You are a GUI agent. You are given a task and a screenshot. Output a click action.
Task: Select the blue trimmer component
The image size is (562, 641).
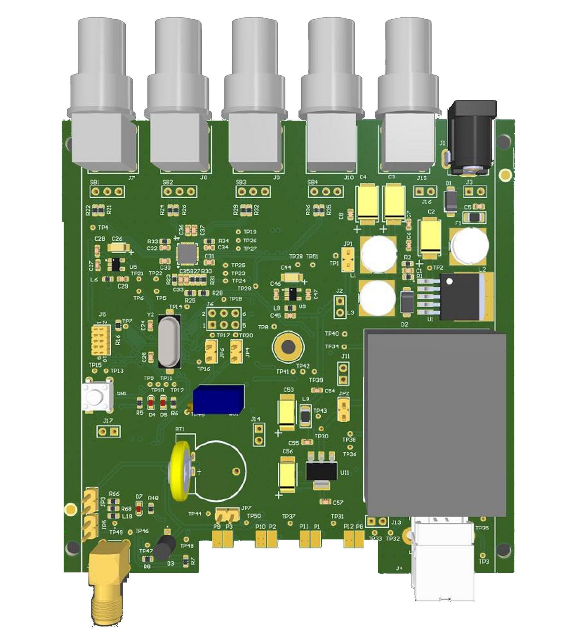(218, 399)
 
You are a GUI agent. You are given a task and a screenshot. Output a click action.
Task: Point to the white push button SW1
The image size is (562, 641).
(96, 396)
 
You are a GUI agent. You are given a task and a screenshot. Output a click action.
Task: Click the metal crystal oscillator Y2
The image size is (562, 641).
(169, 341)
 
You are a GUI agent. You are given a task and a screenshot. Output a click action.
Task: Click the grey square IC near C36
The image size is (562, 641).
(187, 253)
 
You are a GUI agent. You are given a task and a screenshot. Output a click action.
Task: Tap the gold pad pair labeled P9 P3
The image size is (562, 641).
(223, 539)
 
